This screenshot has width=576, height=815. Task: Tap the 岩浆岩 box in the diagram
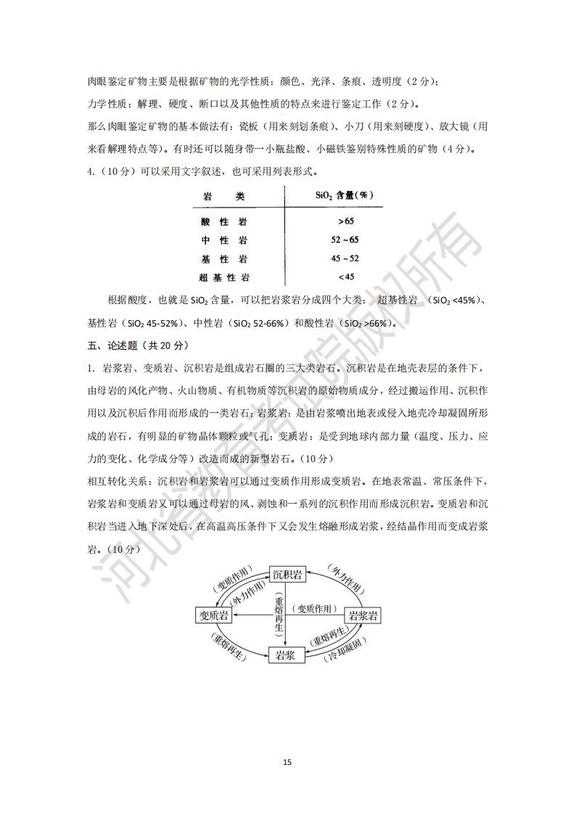363,615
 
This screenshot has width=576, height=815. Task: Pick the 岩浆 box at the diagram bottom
287,655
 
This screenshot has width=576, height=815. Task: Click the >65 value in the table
345,221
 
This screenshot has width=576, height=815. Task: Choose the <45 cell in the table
345,277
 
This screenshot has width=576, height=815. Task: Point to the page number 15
287,762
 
